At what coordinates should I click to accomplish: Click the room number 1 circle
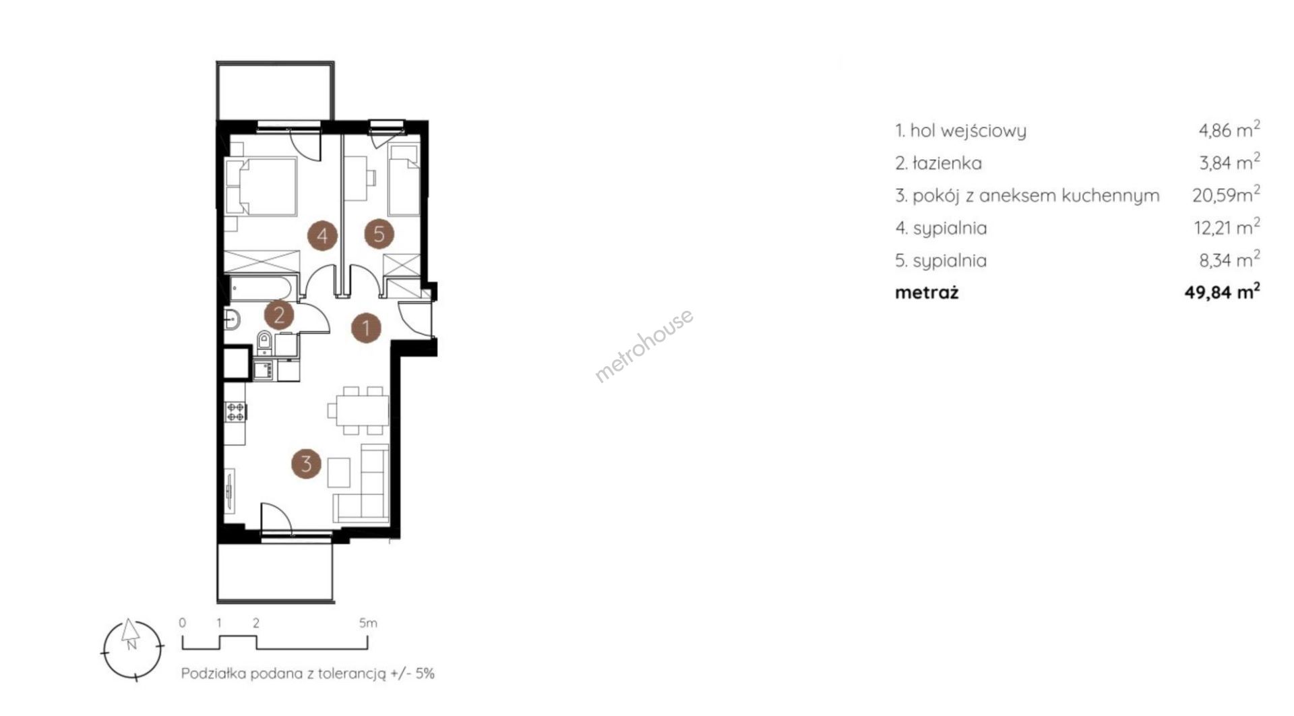coord(366,328)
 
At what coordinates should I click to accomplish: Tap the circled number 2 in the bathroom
coord(278,314)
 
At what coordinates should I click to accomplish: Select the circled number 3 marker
coord(306,464)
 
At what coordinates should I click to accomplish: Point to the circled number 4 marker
coord(322,236)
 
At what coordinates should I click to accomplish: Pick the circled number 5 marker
coord(379,234)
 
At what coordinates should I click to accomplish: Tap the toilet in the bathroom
coord(264,342)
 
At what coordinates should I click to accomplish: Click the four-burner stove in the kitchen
coord(236,411)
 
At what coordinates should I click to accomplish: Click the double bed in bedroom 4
coord(261,187)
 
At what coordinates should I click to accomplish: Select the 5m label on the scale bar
coord(368,623)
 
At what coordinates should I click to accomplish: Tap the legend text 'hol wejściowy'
coord(968,131)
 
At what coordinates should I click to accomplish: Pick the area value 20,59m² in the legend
coord(1226,195)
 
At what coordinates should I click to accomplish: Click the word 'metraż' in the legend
coord(927,293)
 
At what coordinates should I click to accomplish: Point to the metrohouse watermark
coord(644,346)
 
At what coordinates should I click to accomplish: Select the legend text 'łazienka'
coord(947,163)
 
